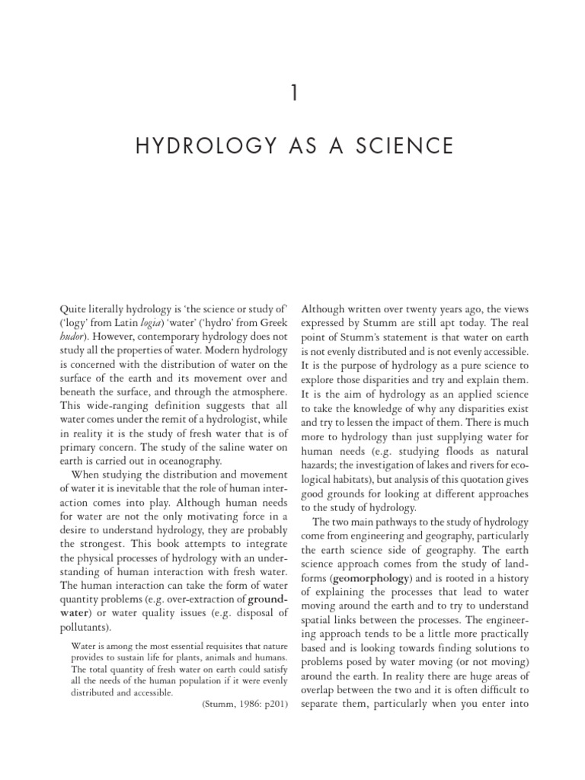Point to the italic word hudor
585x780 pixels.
click(72, 336)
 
